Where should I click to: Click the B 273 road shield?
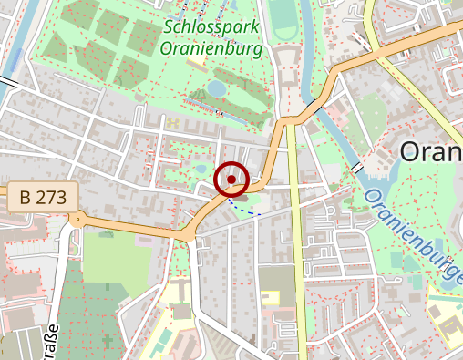click(x=39, y=196)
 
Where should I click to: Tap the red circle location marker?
click(x=232, y=180)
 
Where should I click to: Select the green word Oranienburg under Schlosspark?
click(x=213, y=48)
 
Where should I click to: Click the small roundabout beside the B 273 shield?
click(x=78, y=219)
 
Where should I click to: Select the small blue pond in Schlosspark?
click(x=216, y=88)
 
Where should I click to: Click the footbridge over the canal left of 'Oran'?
click(x=358, y=169)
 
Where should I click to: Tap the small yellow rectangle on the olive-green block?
click(x=271, y=297)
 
